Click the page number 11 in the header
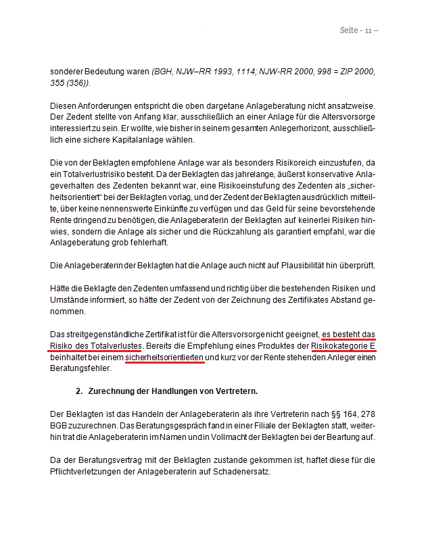click(368, 31)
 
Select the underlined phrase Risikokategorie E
click(343, 345)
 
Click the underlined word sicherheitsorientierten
click(164, 357)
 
